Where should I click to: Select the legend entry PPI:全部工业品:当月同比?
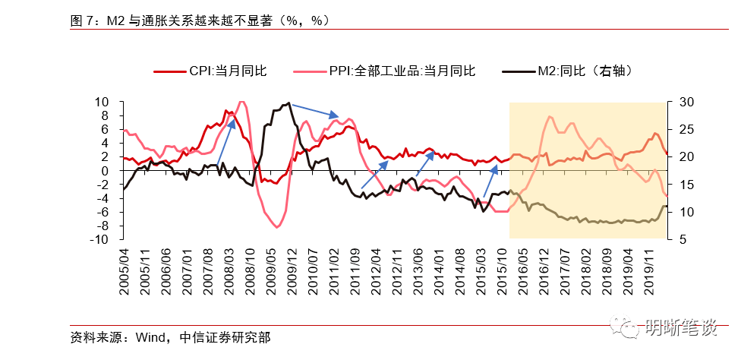coord(402,71)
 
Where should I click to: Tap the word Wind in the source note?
coord(150,336)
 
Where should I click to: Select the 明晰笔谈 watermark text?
coord(680,327)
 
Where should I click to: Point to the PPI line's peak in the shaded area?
coord(550,116)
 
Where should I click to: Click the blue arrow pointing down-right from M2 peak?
coord(314,110)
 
